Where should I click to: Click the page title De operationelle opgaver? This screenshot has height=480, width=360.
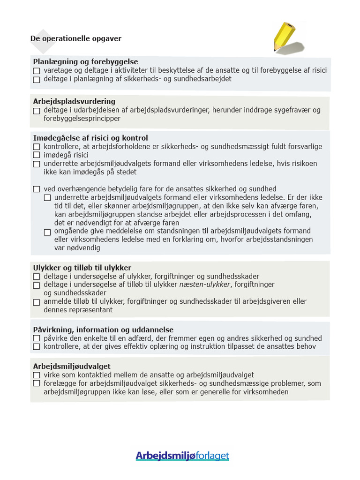coord(76,38)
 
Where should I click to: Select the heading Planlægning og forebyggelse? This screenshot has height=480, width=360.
coord(85,62)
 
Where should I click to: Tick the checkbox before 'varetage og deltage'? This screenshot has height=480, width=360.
coord(37,71)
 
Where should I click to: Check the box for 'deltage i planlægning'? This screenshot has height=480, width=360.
coord(37,80)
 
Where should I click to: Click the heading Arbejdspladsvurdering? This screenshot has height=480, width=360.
coord(74,101)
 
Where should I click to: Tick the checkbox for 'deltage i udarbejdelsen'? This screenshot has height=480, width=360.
coord(37,111)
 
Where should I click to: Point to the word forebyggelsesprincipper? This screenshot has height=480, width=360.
coord(82,119)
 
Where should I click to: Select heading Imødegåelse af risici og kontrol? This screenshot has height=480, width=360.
coord(90,138)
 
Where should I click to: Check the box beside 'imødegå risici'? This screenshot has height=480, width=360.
coord(37,155)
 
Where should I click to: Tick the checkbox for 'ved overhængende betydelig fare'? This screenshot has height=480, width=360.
coord(37,189)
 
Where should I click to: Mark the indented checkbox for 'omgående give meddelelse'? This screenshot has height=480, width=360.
coord(47,232)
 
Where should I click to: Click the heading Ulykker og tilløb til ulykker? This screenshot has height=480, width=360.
coord(82,268)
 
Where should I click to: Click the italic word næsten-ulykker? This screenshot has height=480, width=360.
coord(205,285)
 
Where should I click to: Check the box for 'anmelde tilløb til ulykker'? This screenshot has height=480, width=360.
coord(37,302)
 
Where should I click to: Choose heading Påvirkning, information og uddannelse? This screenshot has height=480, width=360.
coord(103,330)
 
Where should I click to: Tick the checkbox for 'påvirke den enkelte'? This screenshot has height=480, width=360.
coord(37,338)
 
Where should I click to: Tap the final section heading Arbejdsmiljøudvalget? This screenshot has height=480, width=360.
coord(72,366)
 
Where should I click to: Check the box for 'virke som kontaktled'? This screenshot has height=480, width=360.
coord(37,375)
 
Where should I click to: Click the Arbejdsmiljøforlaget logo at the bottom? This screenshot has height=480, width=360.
coord(182,456)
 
